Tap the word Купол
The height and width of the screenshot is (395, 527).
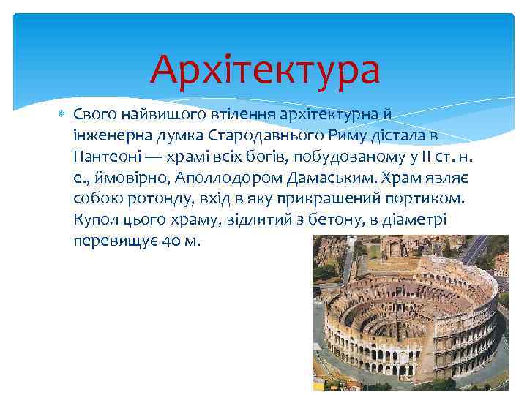click(95, 219)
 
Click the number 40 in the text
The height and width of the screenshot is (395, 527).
click(168, 241)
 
